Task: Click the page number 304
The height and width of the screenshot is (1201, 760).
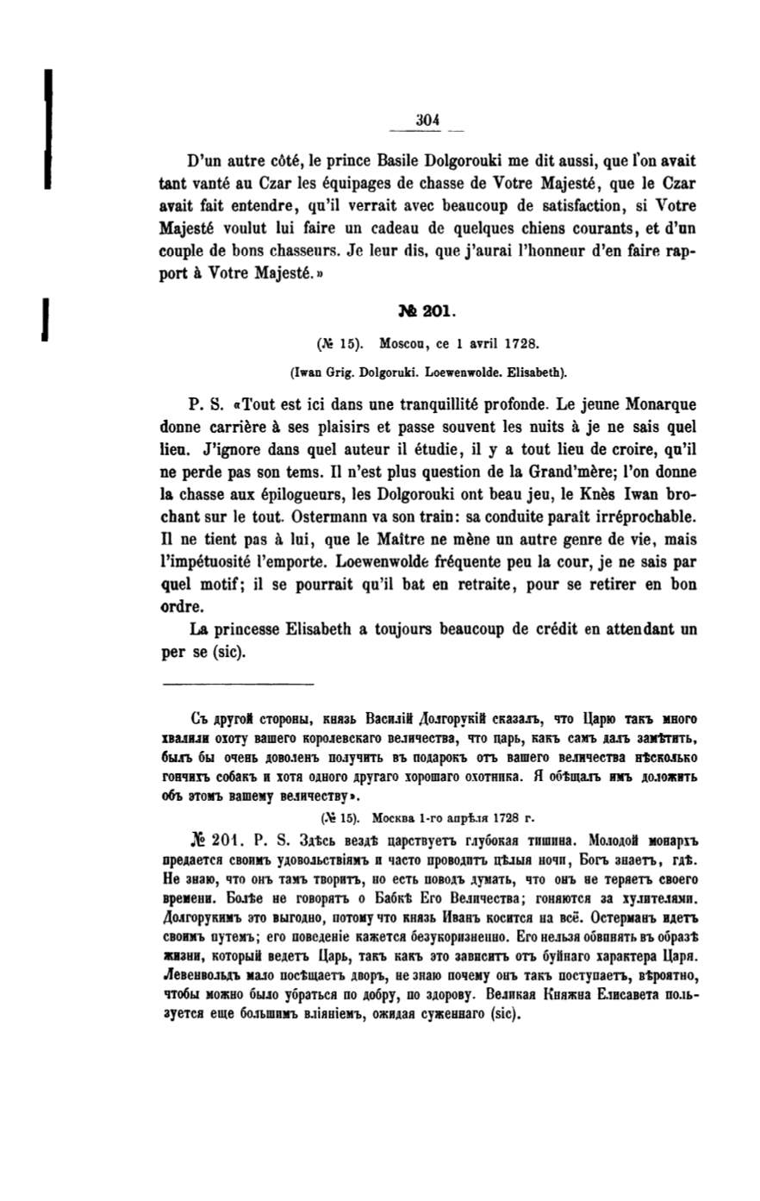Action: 427,121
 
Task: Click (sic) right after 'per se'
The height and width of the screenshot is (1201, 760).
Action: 228,652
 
